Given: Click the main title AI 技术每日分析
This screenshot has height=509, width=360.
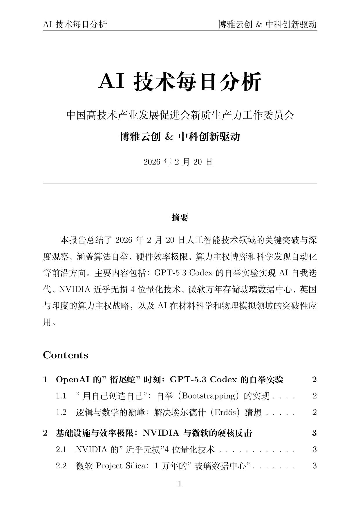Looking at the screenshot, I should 180,82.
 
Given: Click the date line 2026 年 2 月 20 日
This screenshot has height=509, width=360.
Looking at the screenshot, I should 178,162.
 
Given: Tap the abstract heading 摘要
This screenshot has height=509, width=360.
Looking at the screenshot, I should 180,217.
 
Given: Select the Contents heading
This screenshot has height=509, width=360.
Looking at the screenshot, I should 66,355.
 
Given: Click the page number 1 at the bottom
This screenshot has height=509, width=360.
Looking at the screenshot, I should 180,484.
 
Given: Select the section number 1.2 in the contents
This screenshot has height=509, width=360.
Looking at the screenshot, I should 61,412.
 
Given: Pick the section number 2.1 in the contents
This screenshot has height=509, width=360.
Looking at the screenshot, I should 61,450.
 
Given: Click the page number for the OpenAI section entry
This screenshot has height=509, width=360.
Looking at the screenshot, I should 314,380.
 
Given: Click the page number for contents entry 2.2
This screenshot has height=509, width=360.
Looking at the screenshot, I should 314,466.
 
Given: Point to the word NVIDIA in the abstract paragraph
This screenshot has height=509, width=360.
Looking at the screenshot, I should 75,289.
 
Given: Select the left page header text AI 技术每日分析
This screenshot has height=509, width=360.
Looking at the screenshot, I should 75,25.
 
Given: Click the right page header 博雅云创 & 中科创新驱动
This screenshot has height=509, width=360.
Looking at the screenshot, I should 267,25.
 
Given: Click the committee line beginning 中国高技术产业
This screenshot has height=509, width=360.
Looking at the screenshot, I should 180,115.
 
